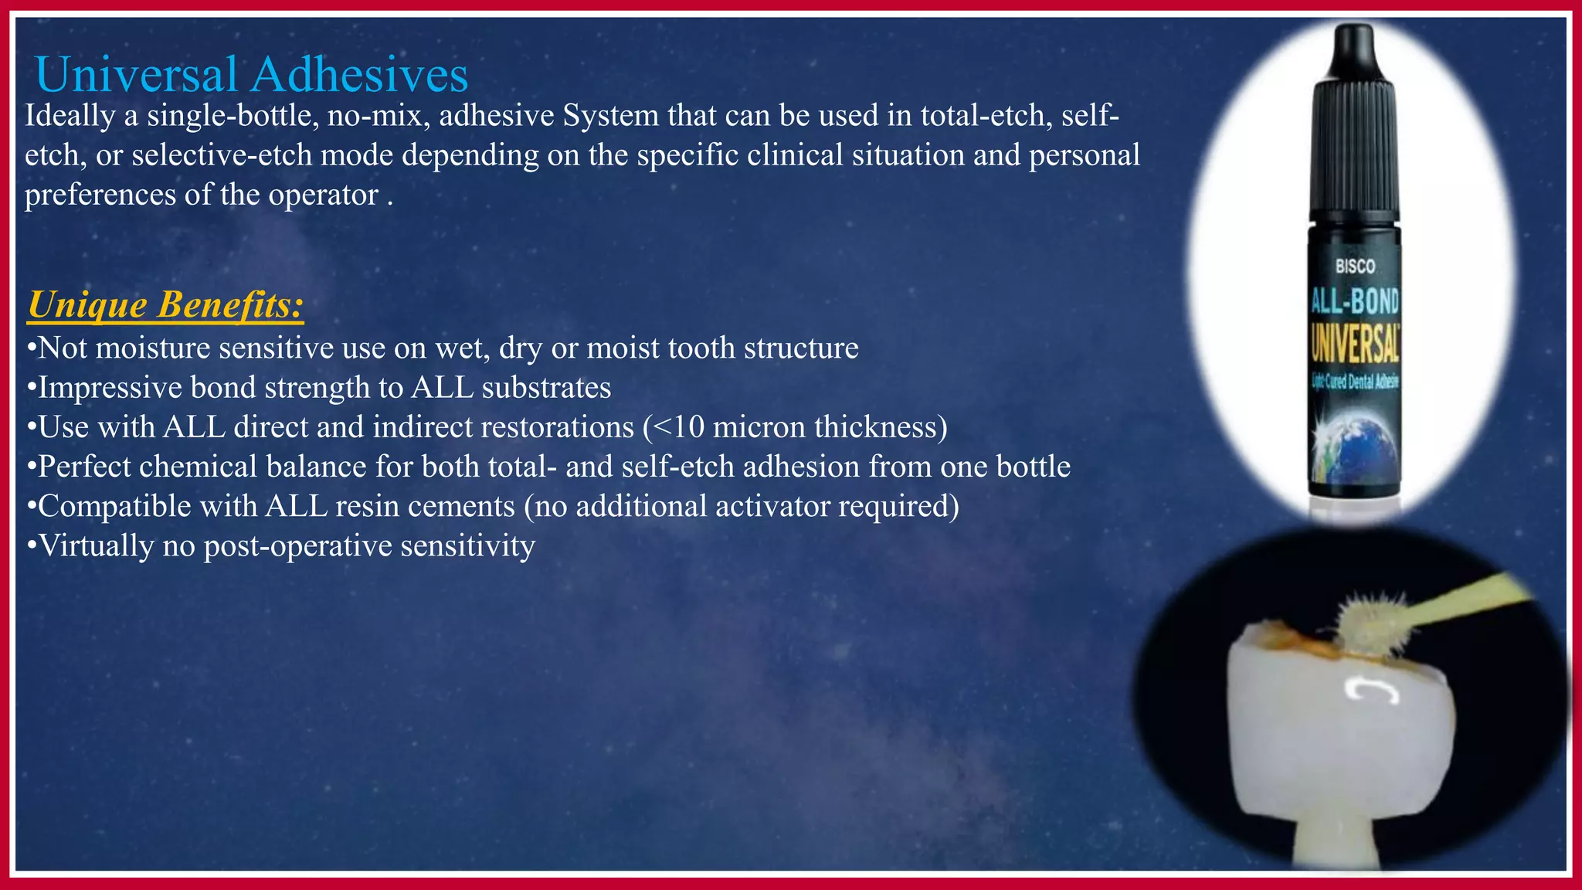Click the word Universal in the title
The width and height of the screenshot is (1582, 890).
(136, 75)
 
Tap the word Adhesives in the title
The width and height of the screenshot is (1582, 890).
(359, 75)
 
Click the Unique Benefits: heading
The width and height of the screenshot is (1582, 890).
(165, 304)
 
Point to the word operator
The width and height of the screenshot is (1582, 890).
(323, 195)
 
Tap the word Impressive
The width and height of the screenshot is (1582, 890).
(110, 388)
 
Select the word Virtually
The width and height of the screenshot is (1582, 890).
(97, 545)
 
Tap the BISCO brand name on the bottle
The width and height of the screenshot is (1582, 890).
(1356, 267)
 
